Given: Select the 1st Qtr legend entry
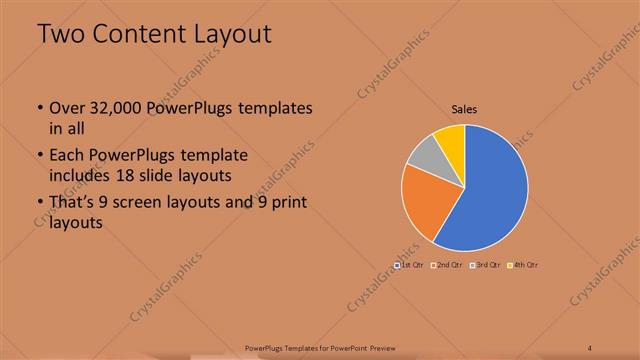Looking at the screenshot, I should tap(409, 264).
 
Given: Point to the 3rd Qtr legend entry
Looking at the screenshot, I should tap(486, 264).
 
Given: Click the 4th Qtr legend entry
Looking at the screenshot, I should tap(523, 264).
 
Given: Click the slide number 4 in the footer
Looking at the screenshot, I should tap(590, 348).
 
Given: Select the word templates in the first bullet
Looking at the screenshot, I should tap(274, 108).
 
